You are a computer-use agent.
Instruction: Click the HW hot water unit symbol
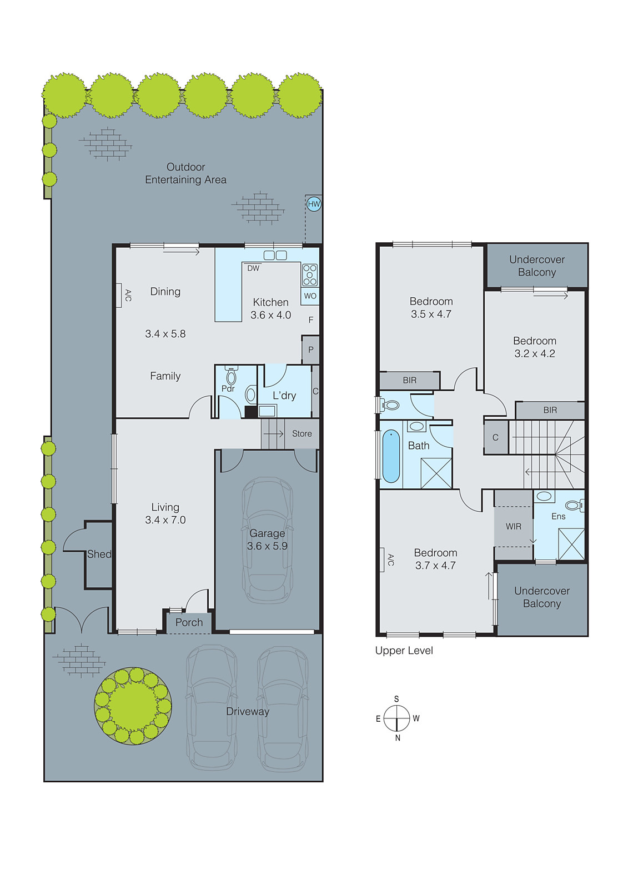tap(314, 204)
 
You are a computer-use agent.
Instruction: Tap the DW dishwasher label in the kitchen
tap(253, 268)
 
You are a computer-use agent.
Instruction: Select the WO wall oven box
tap(310, 296)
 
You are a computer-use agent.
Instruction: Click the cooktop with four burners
tap(310, 274)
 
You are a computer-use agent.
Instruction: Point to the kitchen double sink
tap(275, 256)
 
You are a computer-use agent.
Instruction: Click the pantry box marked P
tap(310, 349)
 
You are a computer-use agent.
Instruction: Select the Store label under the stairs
tap(302, 434)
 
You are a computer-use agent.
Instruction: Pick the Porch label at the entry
tap(189, 623)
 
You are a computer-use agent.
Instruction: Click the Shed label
tap(99, 554)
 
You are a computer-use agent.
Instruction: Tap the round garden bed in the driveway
tap(133, 706)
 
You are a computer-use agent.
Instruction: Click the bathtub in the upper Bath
tap(391, 456)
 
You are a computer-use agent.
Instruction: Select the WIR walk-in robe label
tap(513, 526)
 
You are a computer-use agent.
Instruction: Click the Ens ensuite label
tap(558, 516)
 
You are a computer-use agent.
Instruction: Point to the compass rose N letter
tap(398, 738)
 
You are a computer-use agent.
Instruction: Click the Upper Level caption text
tap(404, 651)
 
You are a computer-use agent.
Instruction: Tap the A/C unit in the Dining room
tap(119, 295)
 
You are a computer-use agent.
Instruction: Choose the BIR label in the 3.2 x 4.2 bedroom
tap(550, 410)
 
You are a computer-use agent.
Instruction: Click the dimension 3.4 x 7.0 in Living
tap(165, 520)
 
